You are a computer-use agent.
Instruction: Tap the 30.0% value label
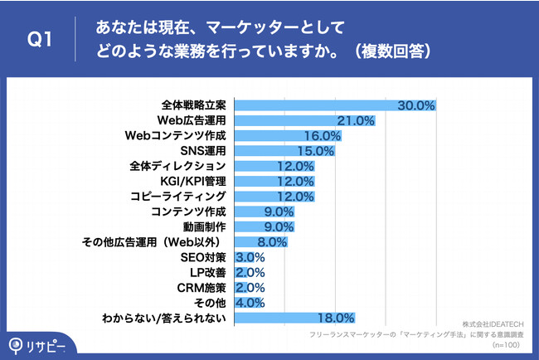coord(416,105)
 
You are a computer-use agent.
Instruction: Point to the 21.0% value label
coord(356,120)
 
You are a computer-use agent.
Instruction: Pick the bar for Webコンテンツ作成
coord(290,135)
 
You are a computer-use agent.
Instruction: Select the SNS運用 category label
coord(203,151)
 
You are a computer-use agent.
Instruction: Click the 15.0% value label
coord(315,151)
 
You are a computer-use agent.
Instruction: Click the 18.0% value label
coord(336,317)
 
